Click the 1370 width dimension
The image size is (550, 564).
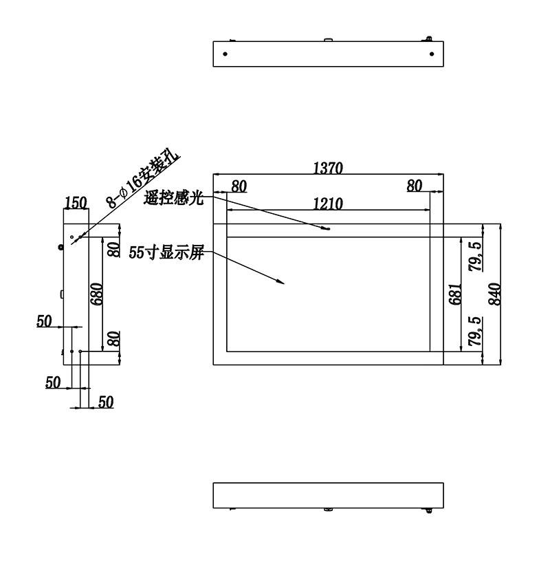coord(328,168)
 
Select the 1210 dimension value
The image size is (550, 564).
coord(328,204)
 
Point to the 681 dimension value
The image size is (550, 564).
coord(455,294)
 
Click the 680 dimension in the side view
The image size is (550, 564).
coord(96,294)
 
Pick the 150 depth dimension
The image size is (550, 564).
coord(76,202)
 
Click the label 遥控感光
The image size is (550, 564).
coord(174,198)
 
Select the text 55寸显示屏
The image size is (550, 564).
coord(166,252)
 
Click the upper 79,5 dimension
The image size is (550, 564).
coord(475,257)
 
